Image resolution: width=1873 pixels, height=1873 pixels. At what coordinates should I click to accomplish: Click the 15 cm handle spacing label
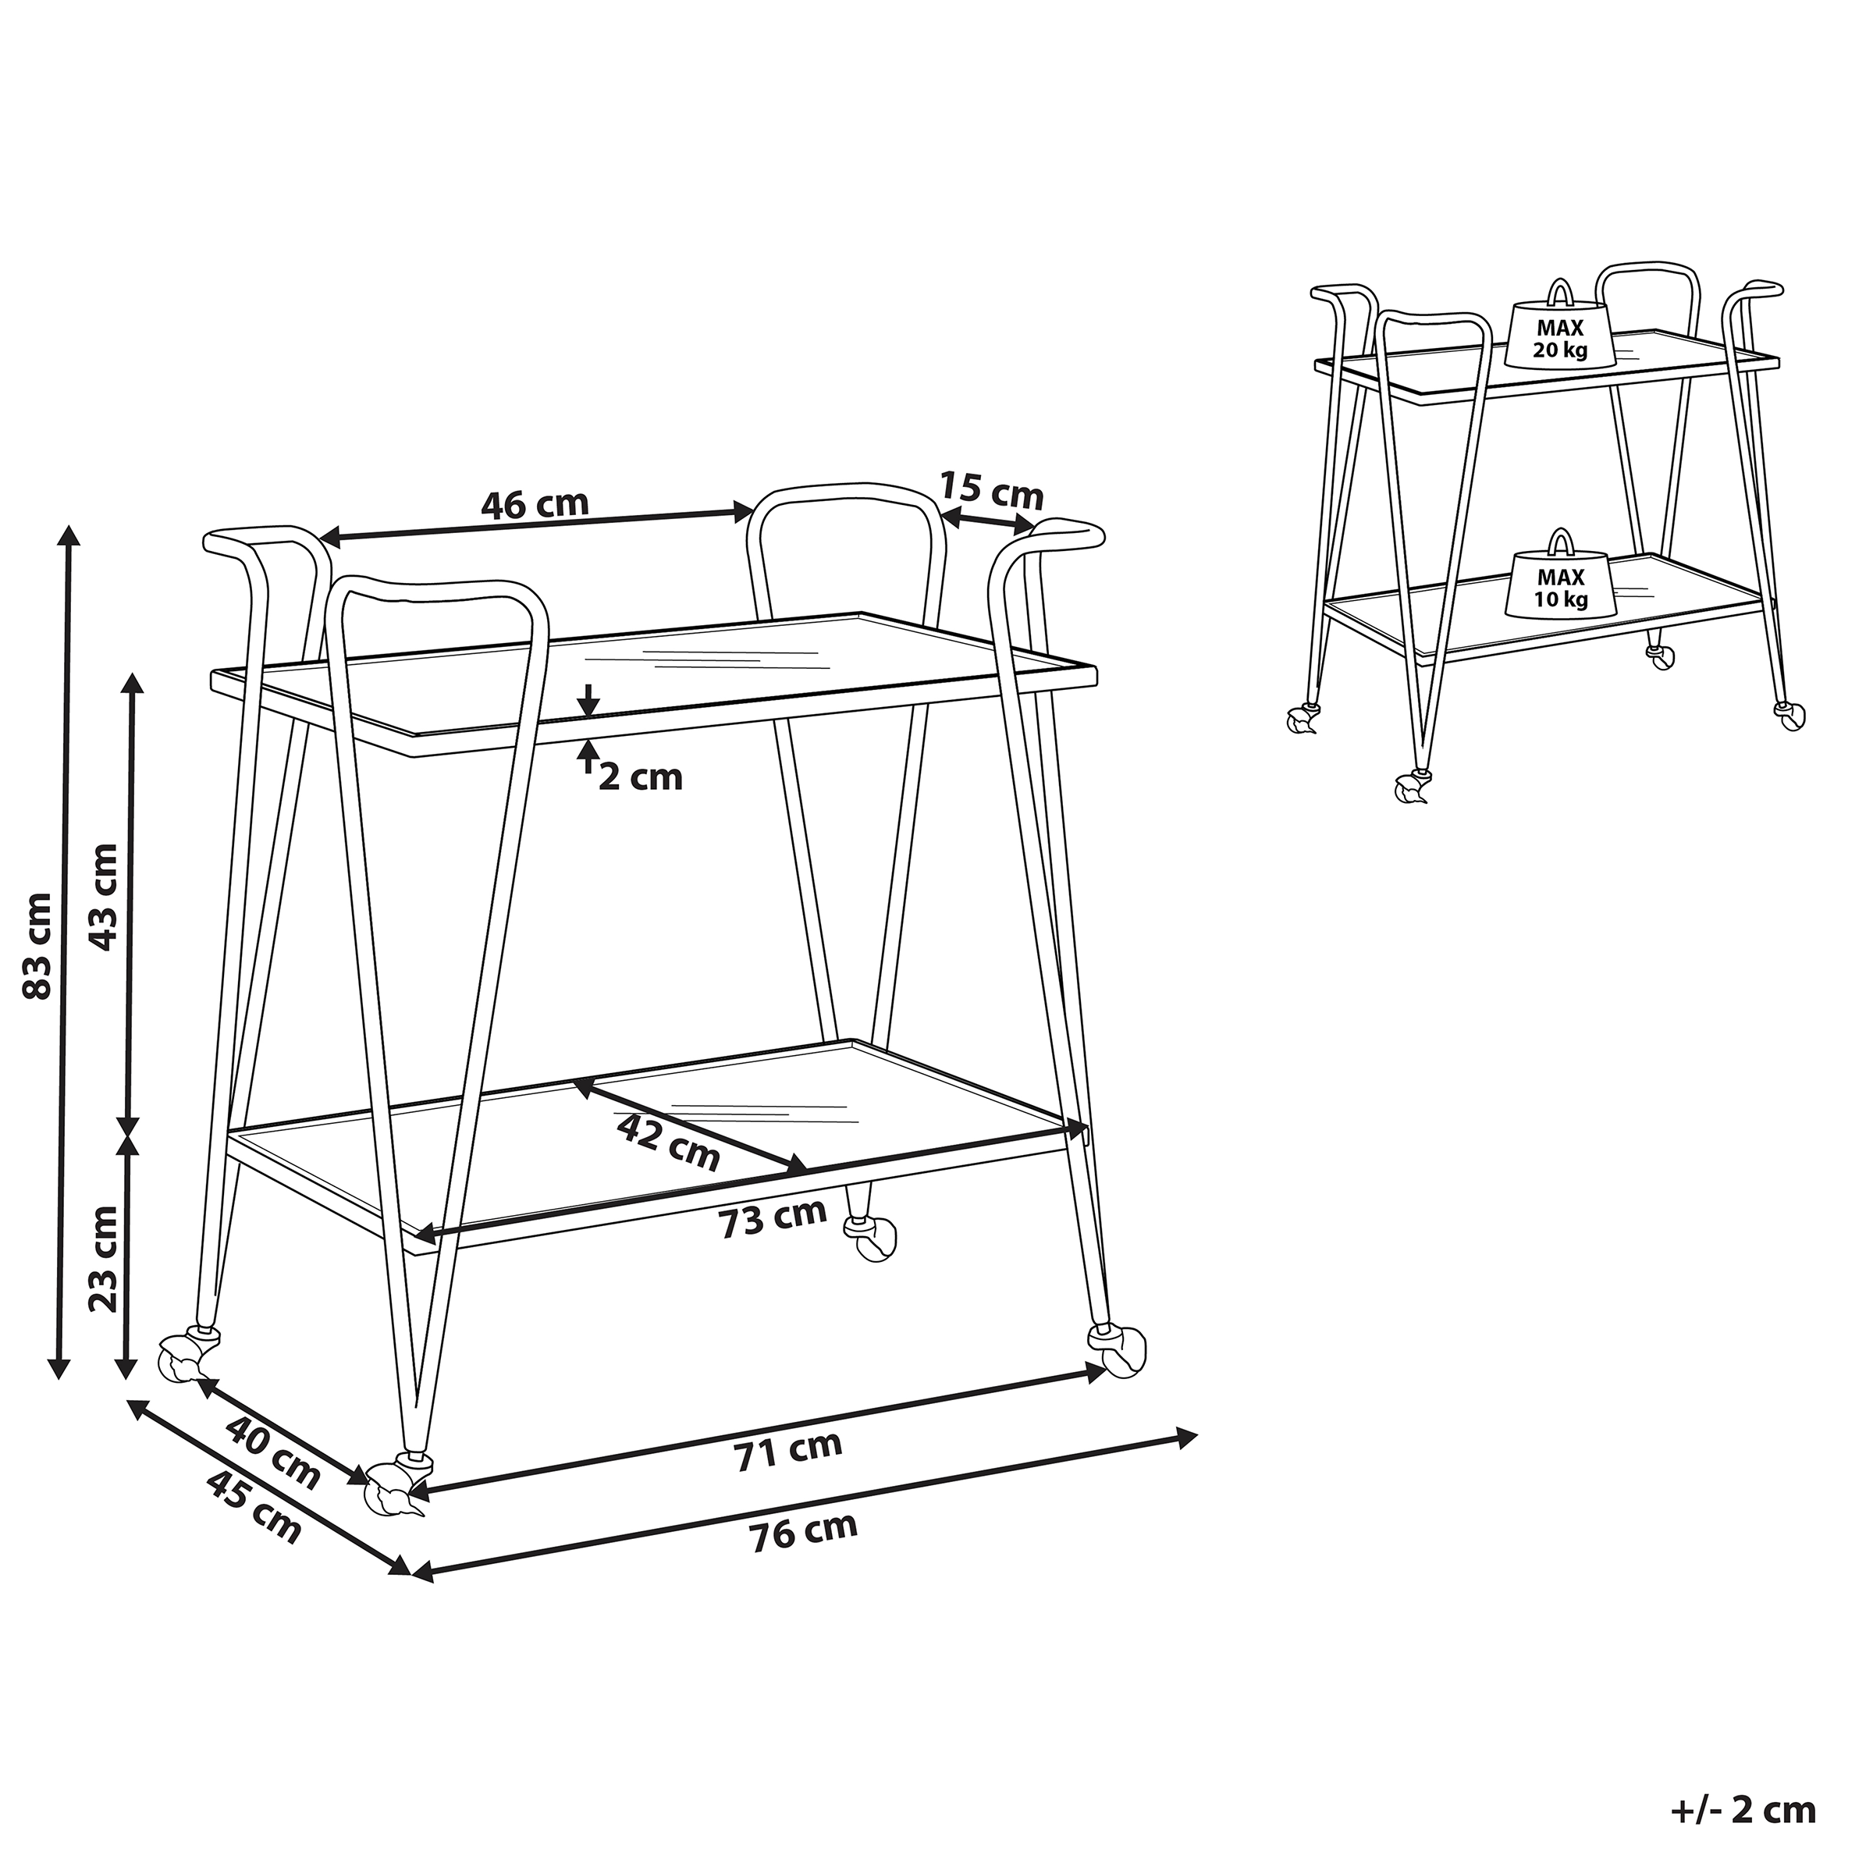point(992,492)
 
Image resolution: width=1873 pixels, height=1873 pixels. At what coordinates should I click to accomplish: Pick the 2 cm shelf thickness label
point(640,777)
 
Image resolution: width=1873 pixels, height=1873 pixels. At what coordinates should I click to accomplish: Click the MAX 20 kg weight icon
point(1560,332)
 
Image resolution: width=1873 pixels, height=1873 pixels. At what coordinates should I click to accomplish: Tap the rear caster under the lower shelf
point(872,1238)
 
